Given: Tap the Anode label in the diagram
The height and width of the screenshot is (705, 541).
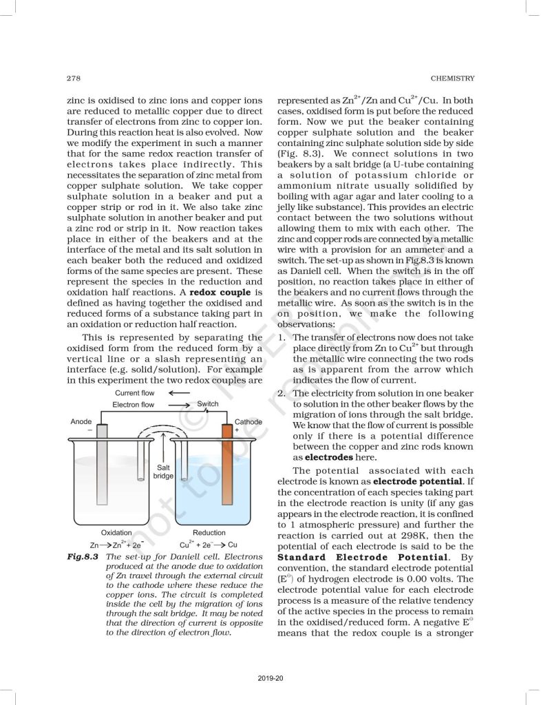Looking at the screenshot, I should click(x=82, y=421).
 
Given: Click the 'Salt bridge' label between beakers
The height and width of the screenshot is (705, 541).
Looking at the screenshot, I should click(x=163, y=471).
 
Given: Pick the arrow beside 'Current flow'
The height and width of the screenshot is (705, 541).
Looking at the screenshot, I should click(x=179, y=393).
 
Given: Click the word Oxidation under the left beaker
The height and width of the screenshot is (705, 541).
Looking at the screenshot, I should click(x=116, y=532).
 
